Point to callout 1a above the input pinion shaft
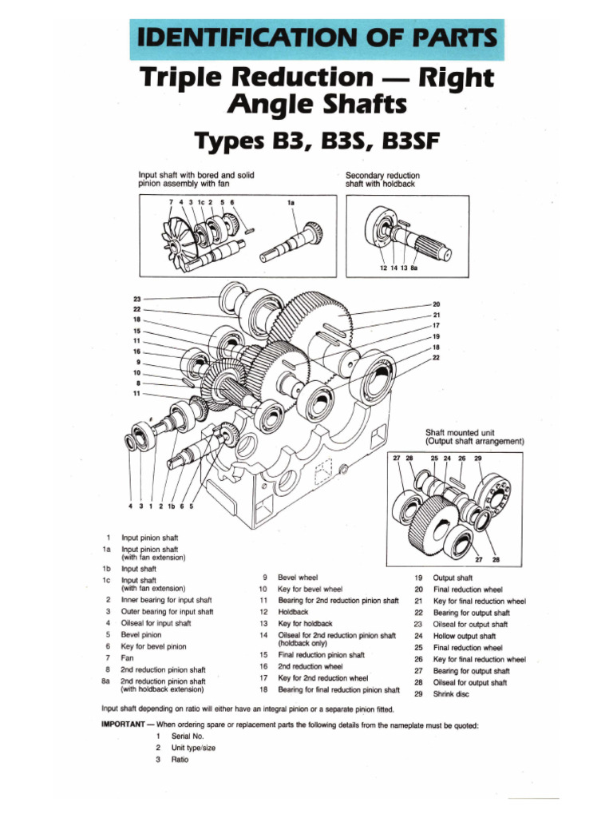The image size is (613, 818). pos(291,203)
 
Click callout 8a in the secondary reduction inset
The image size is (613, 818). pos(413,268)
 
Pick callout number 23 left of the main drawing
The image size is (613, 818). pos(136,299)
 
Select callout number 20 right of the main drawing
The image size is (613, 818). pos(436,304)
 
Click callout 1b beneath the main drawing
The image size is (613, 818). pos(169,505)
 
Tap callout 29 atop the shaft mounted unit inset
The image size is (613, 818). pos(477,459)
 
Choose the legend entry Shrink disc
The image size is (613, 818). pos(452,694)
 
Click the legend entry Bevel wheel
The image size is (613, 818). pos(297,576)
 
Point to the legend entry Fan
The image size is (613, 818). pos(127,657)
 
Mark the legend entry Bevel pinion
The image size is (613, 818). pos(141,634)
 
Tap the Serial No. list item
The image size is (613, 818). pos(187,736)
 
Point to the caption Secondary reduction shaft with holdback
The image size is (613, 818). pos(382,179)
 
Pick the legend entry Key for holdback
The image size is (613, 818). pos(305,623)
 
